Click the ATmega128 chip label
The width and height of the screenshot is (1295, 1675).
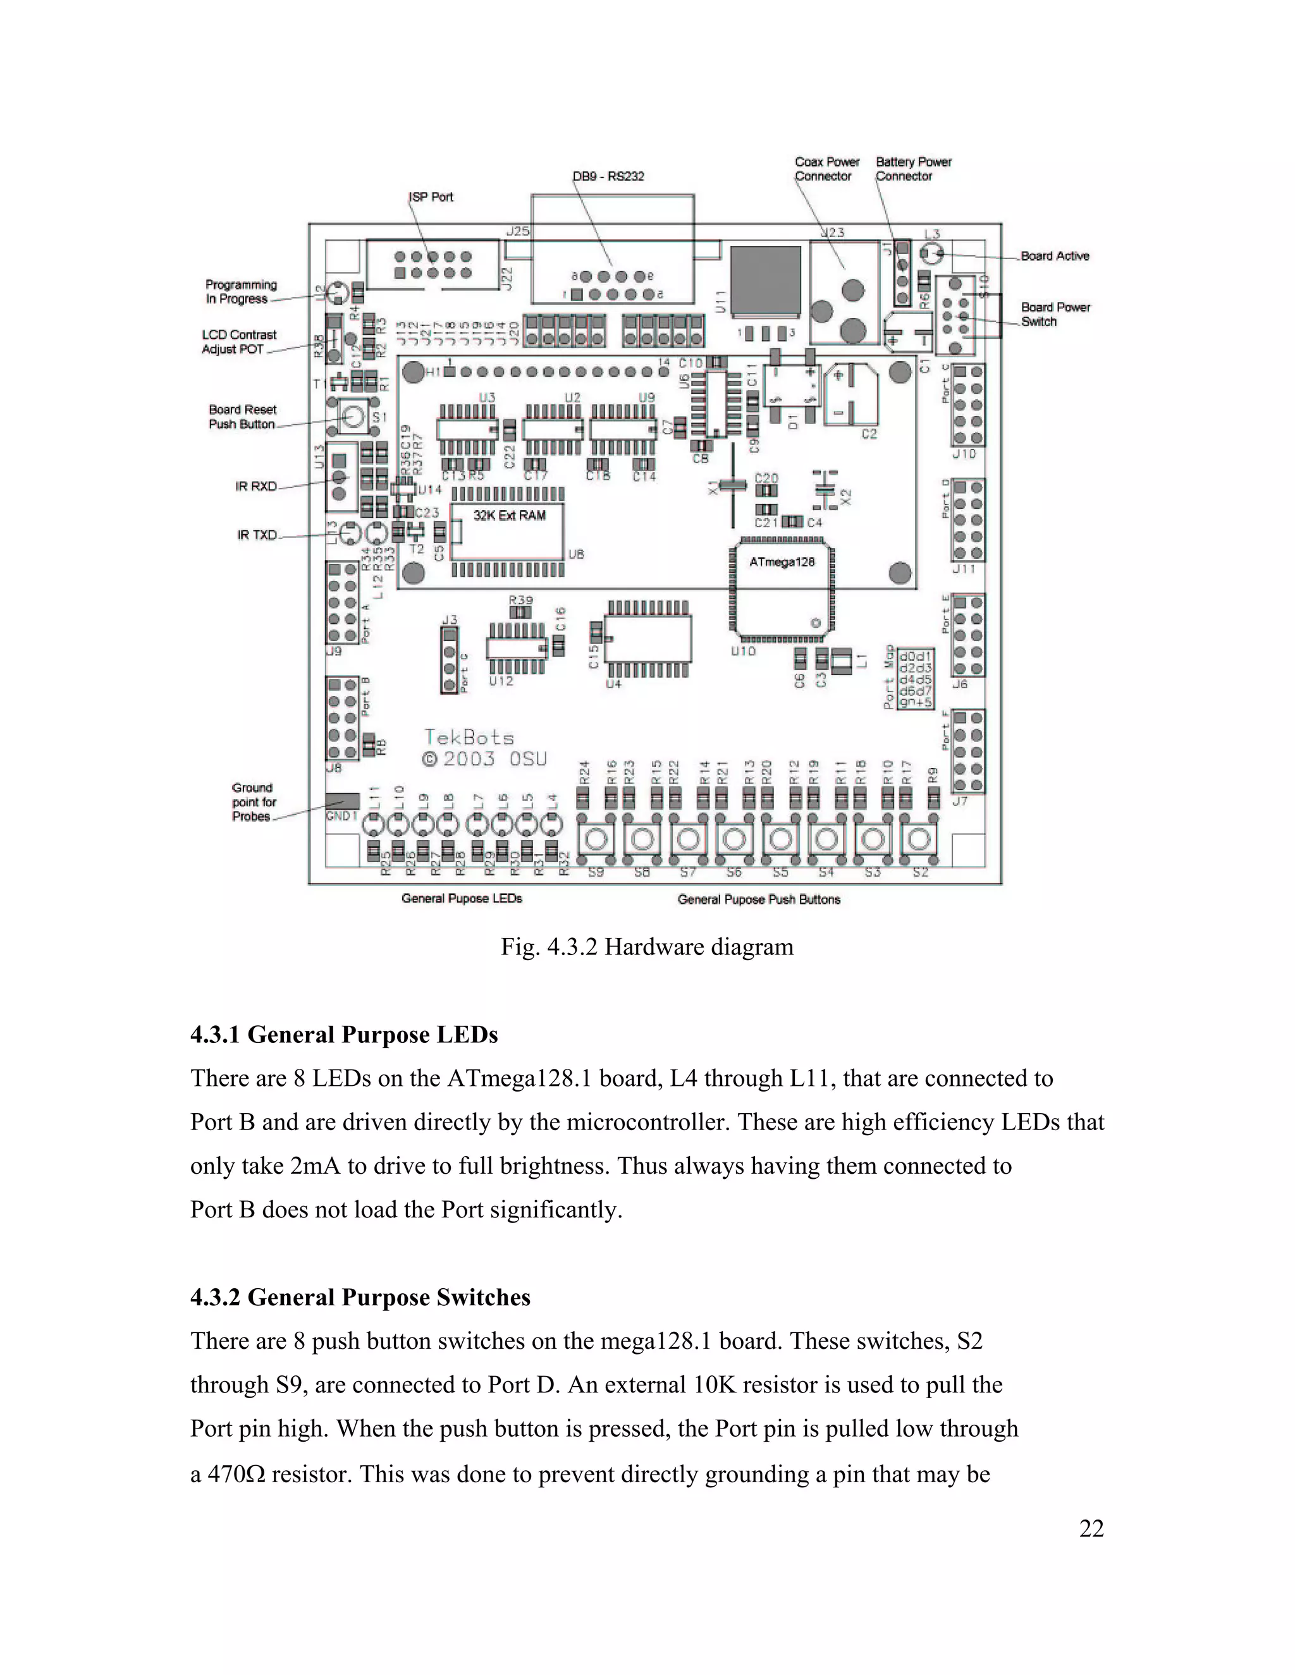tap(782, 562)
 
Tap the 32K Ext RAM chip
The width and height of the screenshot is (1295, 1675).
tap(508, 531)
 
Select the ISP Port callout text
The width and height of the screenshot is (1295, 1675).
tap(431, 197)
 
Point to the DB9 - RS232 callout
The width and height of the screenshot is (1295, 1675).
tap(608, 176)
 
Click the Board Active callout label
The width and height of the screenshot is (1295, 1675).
tap(1055, 256)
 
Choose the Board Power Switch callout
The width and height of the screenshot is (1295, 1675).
tap(1055, 314)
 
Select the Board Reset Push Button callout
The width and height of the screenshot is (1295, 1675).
tap(242, 417)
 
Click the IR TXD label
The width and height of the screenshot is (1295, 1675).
tap(257, 535)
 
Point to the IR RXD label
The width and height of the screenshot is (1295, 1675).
tap(256, 486)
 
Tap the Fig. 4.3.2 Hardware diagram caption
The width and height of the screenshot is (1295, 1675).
tap(647, 947)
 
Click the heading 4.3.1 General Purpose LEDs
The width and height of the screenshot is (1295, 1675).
tap(344, 1035)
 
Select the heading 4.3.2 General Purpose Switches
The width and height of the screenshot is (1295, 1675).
tap(360, 1298)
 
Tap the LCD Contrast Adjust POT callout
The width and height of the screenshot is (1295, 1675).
tap(238, 342)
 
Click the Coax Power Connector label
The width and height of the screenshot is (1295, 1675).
tap(826, 169)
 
